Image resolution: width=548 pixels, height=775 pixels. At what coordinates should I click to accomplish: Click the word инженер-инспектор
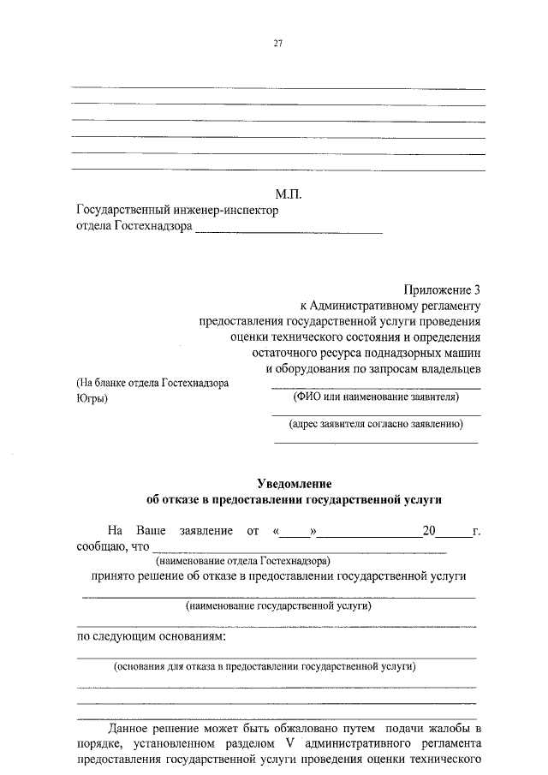click(233, 211)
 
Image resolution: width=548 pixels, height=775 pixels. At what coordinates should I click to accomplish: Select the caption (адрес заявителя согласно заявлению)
click(376, 423)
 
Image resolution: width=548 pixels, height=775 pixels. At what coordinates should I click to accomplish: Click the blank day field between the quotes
click(295, 531)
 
